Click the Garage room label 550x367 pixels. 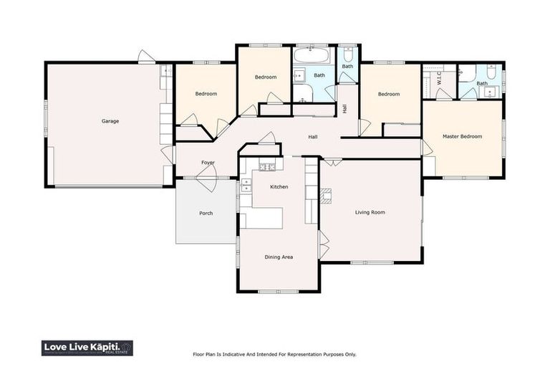click(110, 121)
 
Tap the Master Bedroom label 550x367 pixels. click(462, 136)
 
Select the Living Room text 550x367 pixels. click(370, 212)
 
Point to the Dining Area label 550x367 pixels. click(279, 257)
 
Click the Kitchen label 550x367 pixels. click(279, 187)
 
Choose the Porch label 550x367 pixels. click(206, 214)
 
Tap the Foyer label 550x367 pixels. click(208, 163)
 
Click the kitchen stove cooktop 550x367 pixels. click(267, 167)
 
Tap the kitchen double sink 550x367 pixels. click(246, 185)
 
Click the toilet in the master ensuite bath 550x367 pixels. click(491, 72)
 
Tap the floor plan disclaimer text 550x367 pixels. click(274, 354)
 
